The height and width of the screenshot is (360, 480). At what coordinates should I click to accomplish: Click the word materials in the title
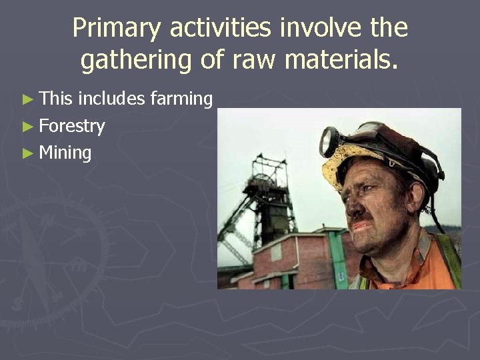(342, 60)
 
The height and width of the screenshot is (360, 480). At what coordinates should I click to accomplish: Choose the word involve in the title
(319, 29)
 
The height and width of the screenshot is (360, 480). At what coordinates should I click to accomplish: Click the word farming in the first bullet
(181, 99)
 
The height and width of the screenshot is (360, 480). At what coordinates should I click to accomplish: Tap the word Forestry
(72, 126)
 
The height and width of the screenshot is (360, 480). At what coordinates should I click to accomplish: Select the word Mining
(65, 153)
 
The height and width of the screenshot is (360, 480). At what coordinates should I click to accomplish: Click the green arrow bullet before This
(27, 100)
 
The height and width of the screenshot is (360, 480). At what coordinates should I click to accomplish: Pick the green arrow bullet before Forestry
(27, 127)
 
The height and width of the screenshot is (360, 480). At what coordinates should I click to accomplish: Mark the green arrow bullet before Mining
(27, 153)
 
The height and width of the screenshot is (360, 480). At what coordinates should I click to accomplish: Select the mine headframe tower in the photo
(266, 193)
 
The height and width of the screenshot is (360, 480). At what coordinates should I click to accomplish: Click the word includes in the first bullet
(111, 99)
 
